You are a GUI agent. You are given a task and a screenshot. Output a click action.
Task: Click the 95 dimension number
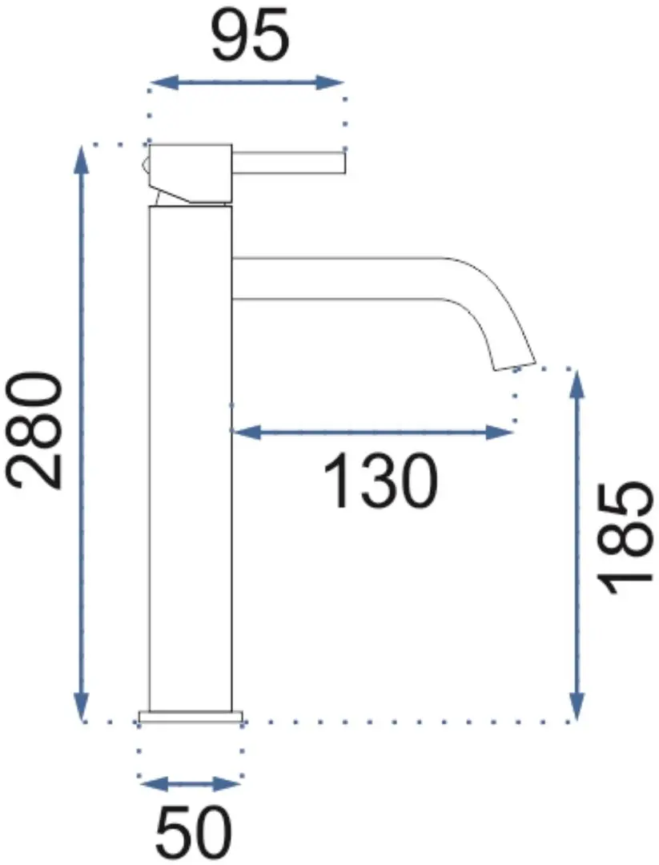(250, 35)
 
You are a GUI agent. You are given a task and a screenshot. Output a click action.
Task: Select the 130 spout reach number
(380, 481)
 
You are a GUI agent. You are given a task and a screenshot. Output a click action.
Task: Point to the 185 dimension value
(625, 540)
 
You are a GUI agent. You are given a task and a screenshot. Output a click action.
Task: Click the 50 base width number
(194, 836)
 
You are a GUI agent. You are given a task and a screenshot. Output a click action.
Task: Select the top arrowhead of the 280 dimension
(82, 161)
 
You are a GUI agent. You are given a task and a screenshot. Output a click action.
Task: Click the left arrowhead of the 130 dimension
(247, 432)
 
